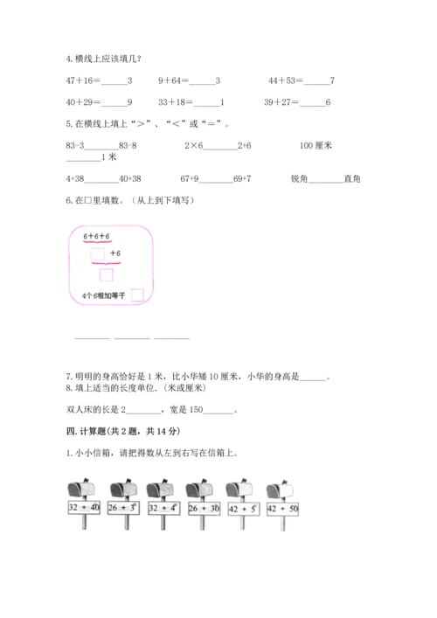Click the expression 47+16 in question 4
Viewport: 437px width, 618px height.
point(83,80)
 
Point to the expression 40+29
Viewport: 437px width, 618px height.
point(83,102)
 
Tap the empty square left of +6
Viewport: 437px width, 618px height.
point(98,253)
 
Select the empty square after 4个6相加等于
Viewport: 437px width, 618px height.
point(137,295)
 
